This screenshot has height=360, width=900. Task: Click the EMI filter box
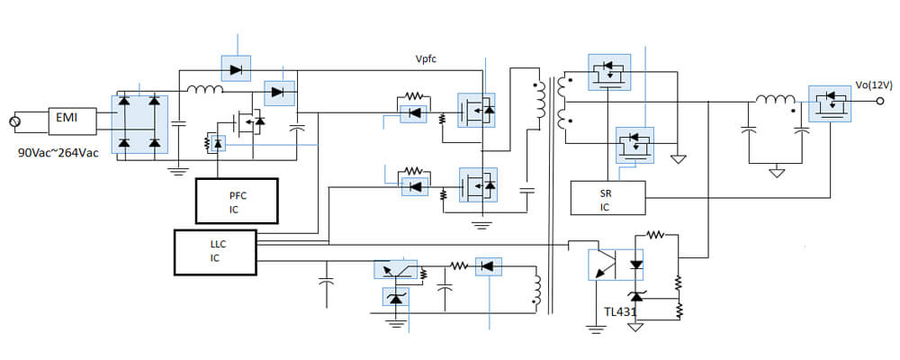point(72,121)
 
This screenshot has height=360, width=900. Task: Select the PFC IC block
point(237,201)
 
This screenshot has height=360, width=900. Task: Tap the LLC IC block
point(215,252)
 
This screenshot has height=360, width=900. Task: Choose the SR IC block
point(607,198)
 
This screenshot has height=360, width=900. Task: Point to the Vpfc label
point(426,59)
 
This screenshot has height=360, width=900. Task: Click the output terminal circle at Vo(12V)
point(879,102)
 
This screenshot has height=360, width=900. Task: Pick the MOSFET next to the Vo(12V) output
point(830,103)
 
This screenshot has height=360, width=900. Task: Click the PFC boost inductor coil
point(205,89)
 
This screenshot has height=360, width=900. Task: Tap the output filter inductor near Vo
point(776,100)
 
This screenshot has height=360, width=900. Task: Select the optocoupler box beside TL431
point(616,265)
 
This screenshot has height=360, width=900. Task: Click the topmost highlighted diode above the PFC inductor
point(236,69)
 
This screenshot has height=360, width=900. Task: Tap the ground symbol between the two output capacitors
point(776,171)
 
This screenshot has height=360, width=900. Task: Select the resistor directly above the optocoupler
point(655,234)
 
